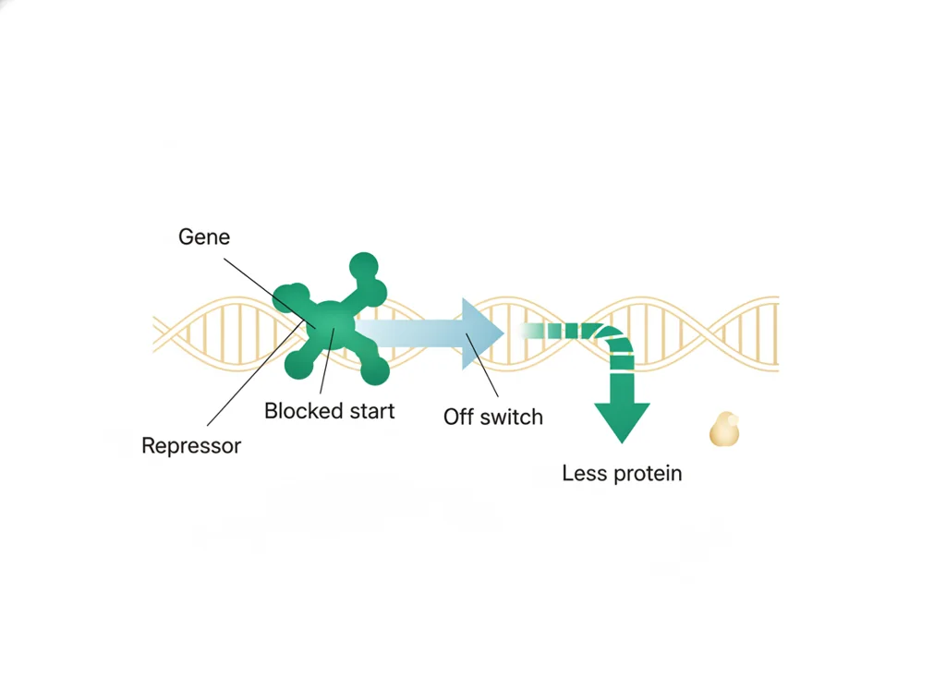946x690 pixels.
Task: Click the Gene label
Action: pos(204,237)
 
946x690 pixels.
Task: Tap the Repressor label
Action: pos(191,446)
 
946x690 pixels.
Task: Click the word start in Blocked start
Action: pos(370,411)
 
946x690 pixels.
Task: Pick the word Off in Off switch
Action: pos(458,417)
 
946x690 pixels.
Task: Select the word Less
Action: pos(584,473)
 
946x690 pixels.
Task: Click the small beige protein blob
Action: pos(724,430)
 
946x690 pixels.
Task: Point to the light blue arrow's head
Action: pos(481,333)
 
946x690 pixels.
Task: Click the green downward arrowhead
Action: pos(622,421)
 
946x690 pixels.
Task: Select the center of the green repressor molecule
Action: pos(330,323)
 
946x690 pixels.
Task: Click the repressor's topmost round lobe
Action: pos(364,267)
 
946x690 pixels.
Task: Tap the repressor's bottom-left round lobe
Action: pos(299,364)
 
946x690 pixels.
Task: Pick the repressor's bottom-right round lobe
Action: pos(375,369)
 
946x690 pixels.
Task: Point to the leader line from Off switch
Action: pos(482,365)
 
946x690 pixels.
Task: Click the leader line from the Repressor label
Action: pos(256,372)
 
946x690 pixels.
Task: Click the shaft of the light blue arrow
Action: pos(409,333)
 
